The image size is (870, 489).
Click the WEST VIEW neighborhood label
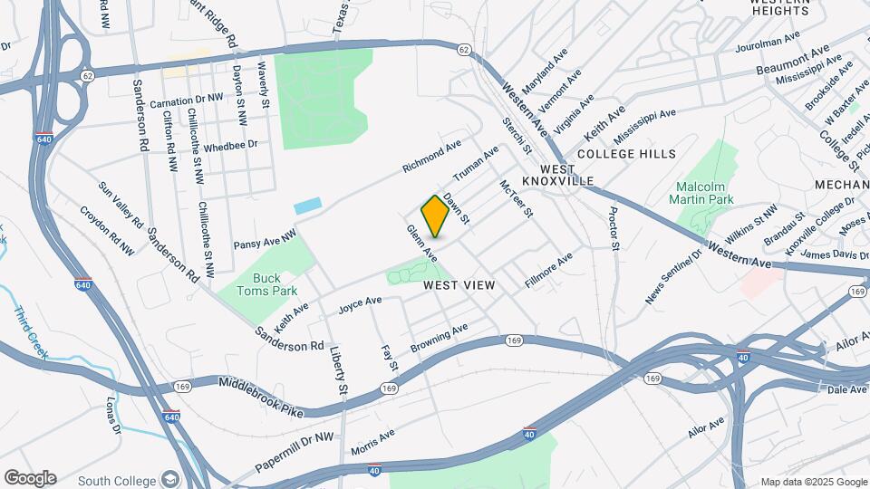(x=459, y=285)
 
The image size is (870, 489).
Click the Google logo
(x=30, y=478)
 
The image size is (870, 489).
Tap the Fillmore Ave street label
(x=549, y=271)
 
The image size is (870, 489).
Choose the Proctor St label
(x=614, y=228)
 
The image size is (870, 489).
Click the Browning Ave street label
(x=439, y=337)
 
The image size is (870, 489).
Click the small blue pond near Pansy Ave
(x=307, y=206)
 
